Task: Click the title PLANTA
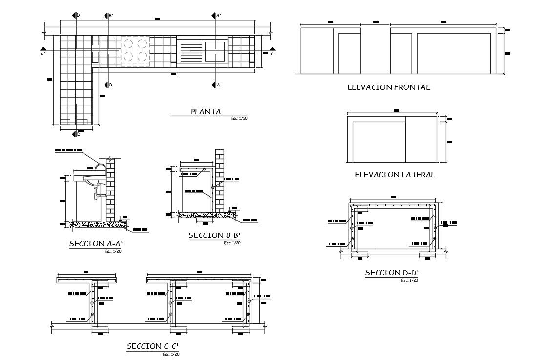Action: pyautogui.click(x=206, y=111)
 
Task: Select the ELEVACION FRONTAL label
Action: pyautogui.click(x=388, y=87)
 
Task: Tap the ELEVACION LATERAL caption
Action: pyautogui.click(x=394, y=174)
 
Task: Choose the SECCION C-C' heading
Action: pyautogui.click(x=152, y=346)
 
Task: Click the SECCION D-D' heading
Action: pyautogui.click(x=392, y=273)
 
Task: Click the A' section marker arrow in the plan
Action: pyautogui.click(x=213, y=16)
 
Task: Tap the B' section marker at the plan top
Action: pyautogui.click(x=106, y=16)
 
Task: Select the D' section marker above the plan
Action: pyautogui.click(x=74, y=16)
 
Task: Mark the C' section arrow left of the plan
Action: pyautogui.click(x=43, y=50)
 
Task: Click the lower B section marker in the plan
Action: pyautogui.click(x=106, y=85)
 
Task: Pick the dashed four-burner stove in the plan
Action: pyautogui.click(x=134, y=51)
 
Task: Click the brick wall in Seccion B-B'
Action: pyautogui.click(x=220, y=181)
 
